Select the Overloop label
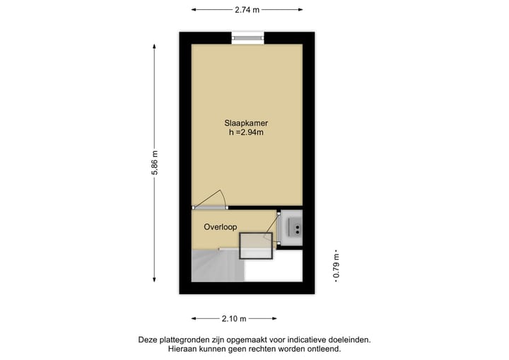[220, 227]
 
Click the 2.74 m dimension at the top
[247, 10]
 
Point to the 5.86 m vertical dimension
[155, 167]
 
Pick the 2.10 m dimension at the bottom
[233, 318]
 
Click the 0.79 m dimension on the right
[336, 266]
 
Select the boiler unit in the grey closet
[292, 227]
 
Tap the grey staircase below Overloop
[216, 267]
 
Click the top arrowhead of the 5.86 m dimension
[155, 45]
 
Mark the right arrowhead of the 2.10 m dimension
[275, 318]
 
